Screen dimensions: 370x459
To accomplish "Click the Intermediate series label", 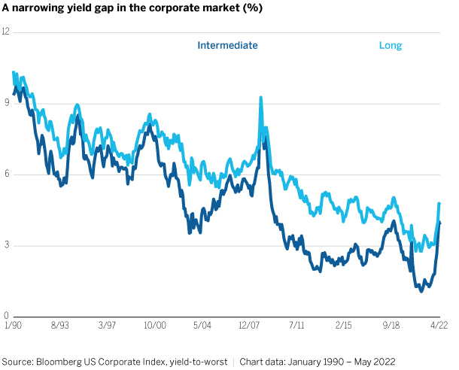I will pyautogui.click(x=227, y=45).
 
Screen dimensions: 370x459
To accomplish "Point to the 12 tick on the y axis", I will pyautogui.click(x=6, y=32).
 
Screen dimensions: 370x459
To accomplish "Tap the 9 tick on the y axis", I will pyautogui.click(x=6, y=104).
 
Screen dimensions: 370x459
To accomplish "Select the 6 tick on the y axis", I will pyautogui.click(x=6, y=174).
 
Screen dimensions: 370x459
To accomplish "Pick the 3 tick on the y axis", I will pyautogui.click(x=6, y=246).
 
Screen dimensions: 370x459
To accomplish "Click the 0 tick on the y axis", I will pyautogui.click(x=6, y=317).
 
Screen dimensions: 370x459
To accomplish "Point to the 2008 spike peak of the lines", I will pyautogui.click(x=260, y=98).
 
